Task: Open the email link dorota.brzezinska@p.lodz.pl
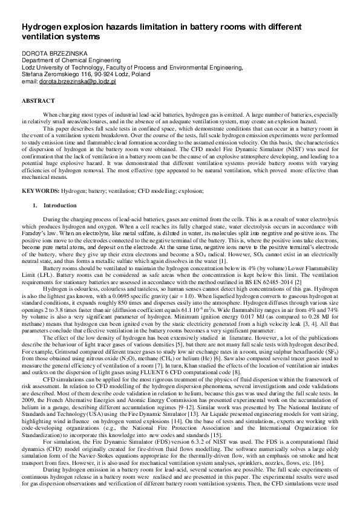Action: [x=77, y=80]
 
